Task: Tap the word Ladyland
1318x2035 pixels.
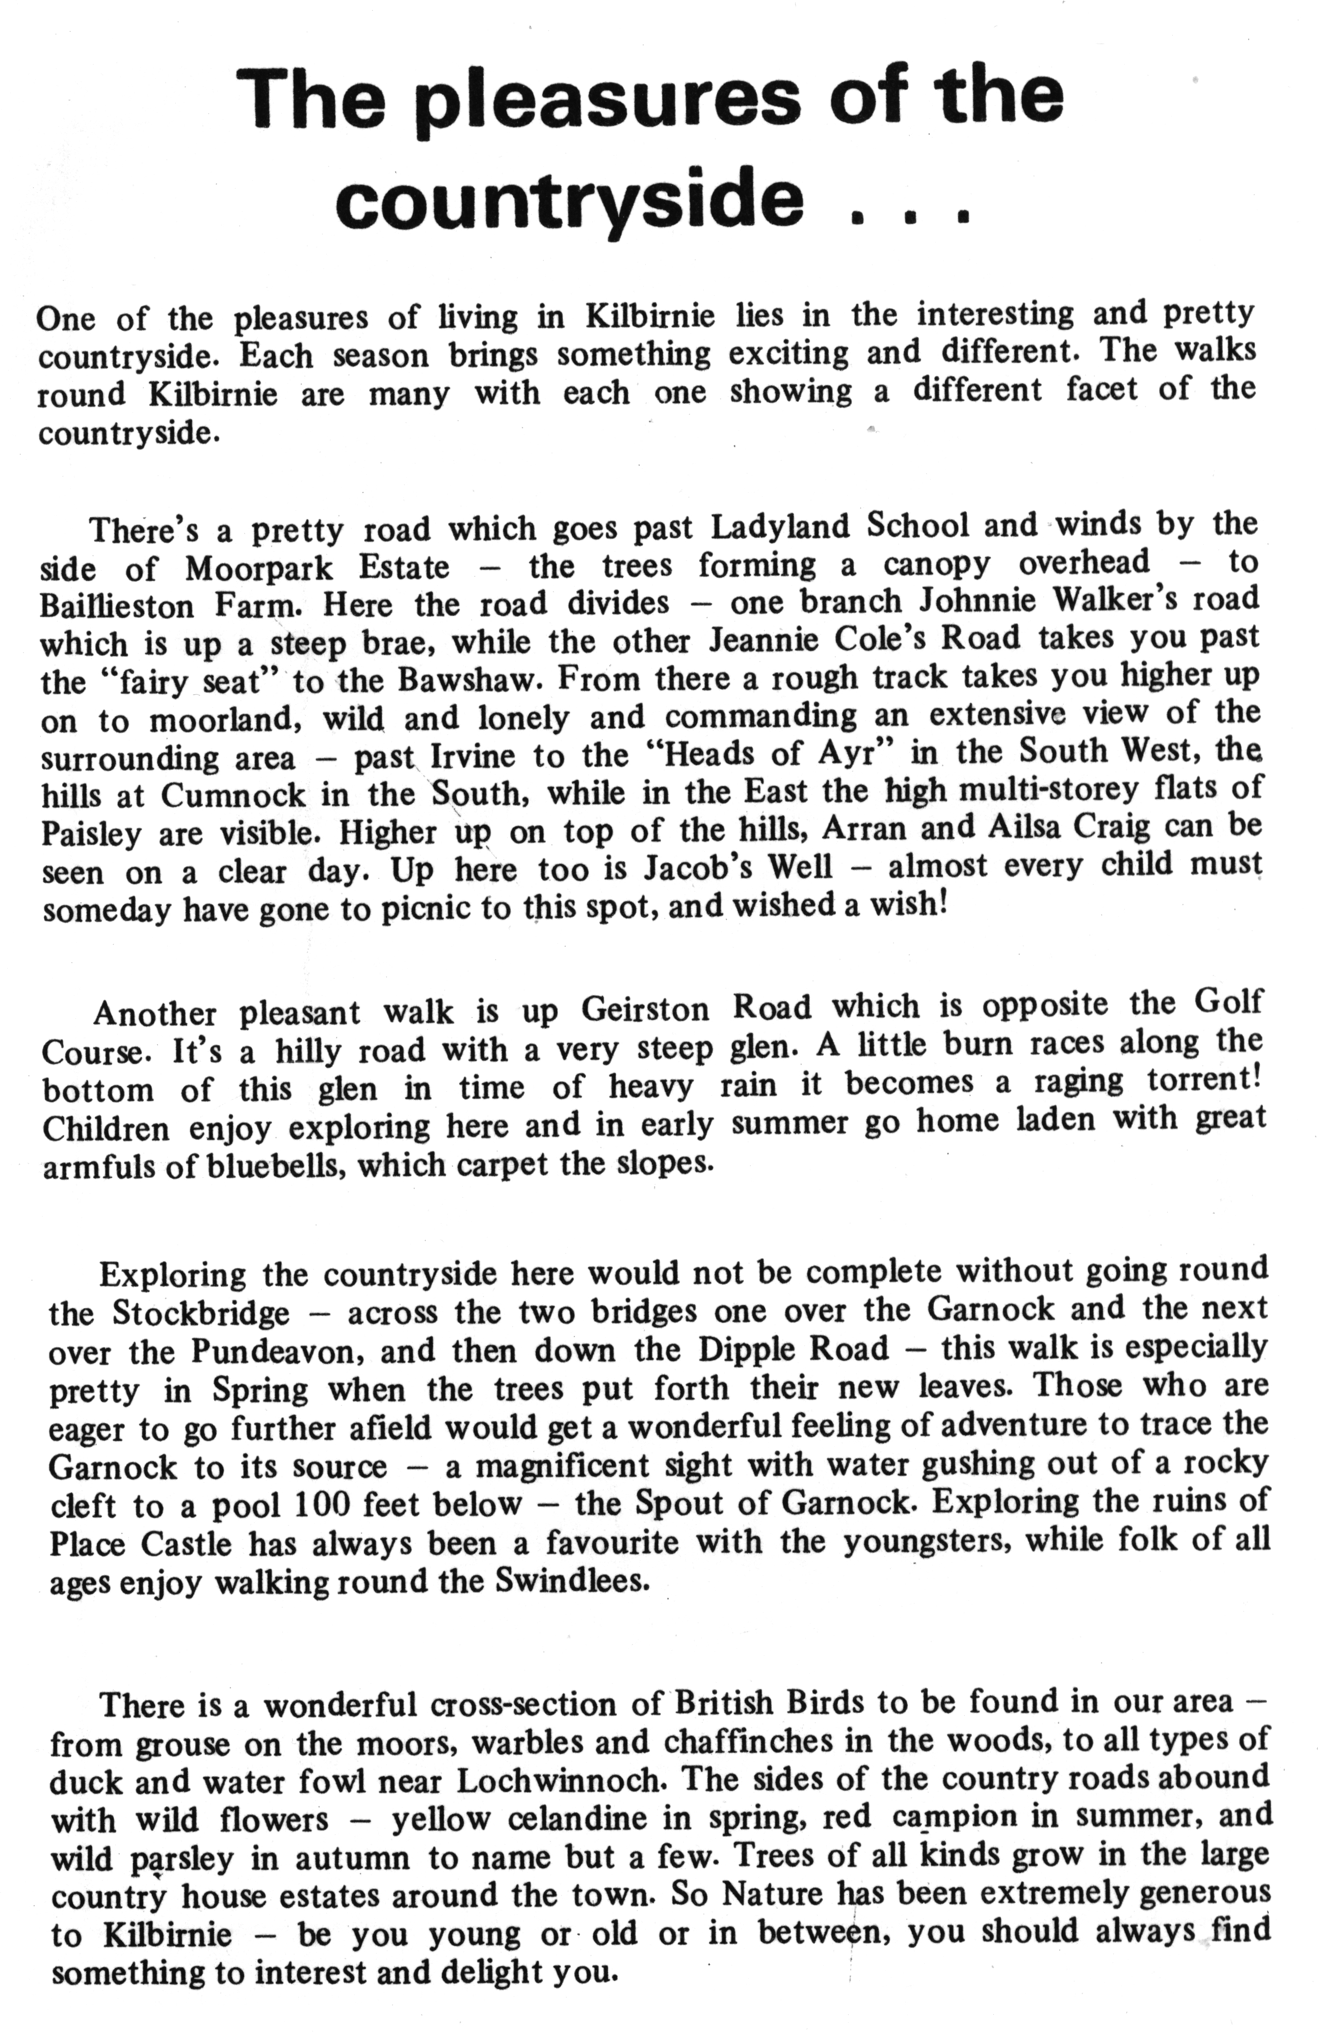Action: (780, 526)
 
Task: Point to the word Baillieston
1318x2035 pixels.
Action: (117, 605)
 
